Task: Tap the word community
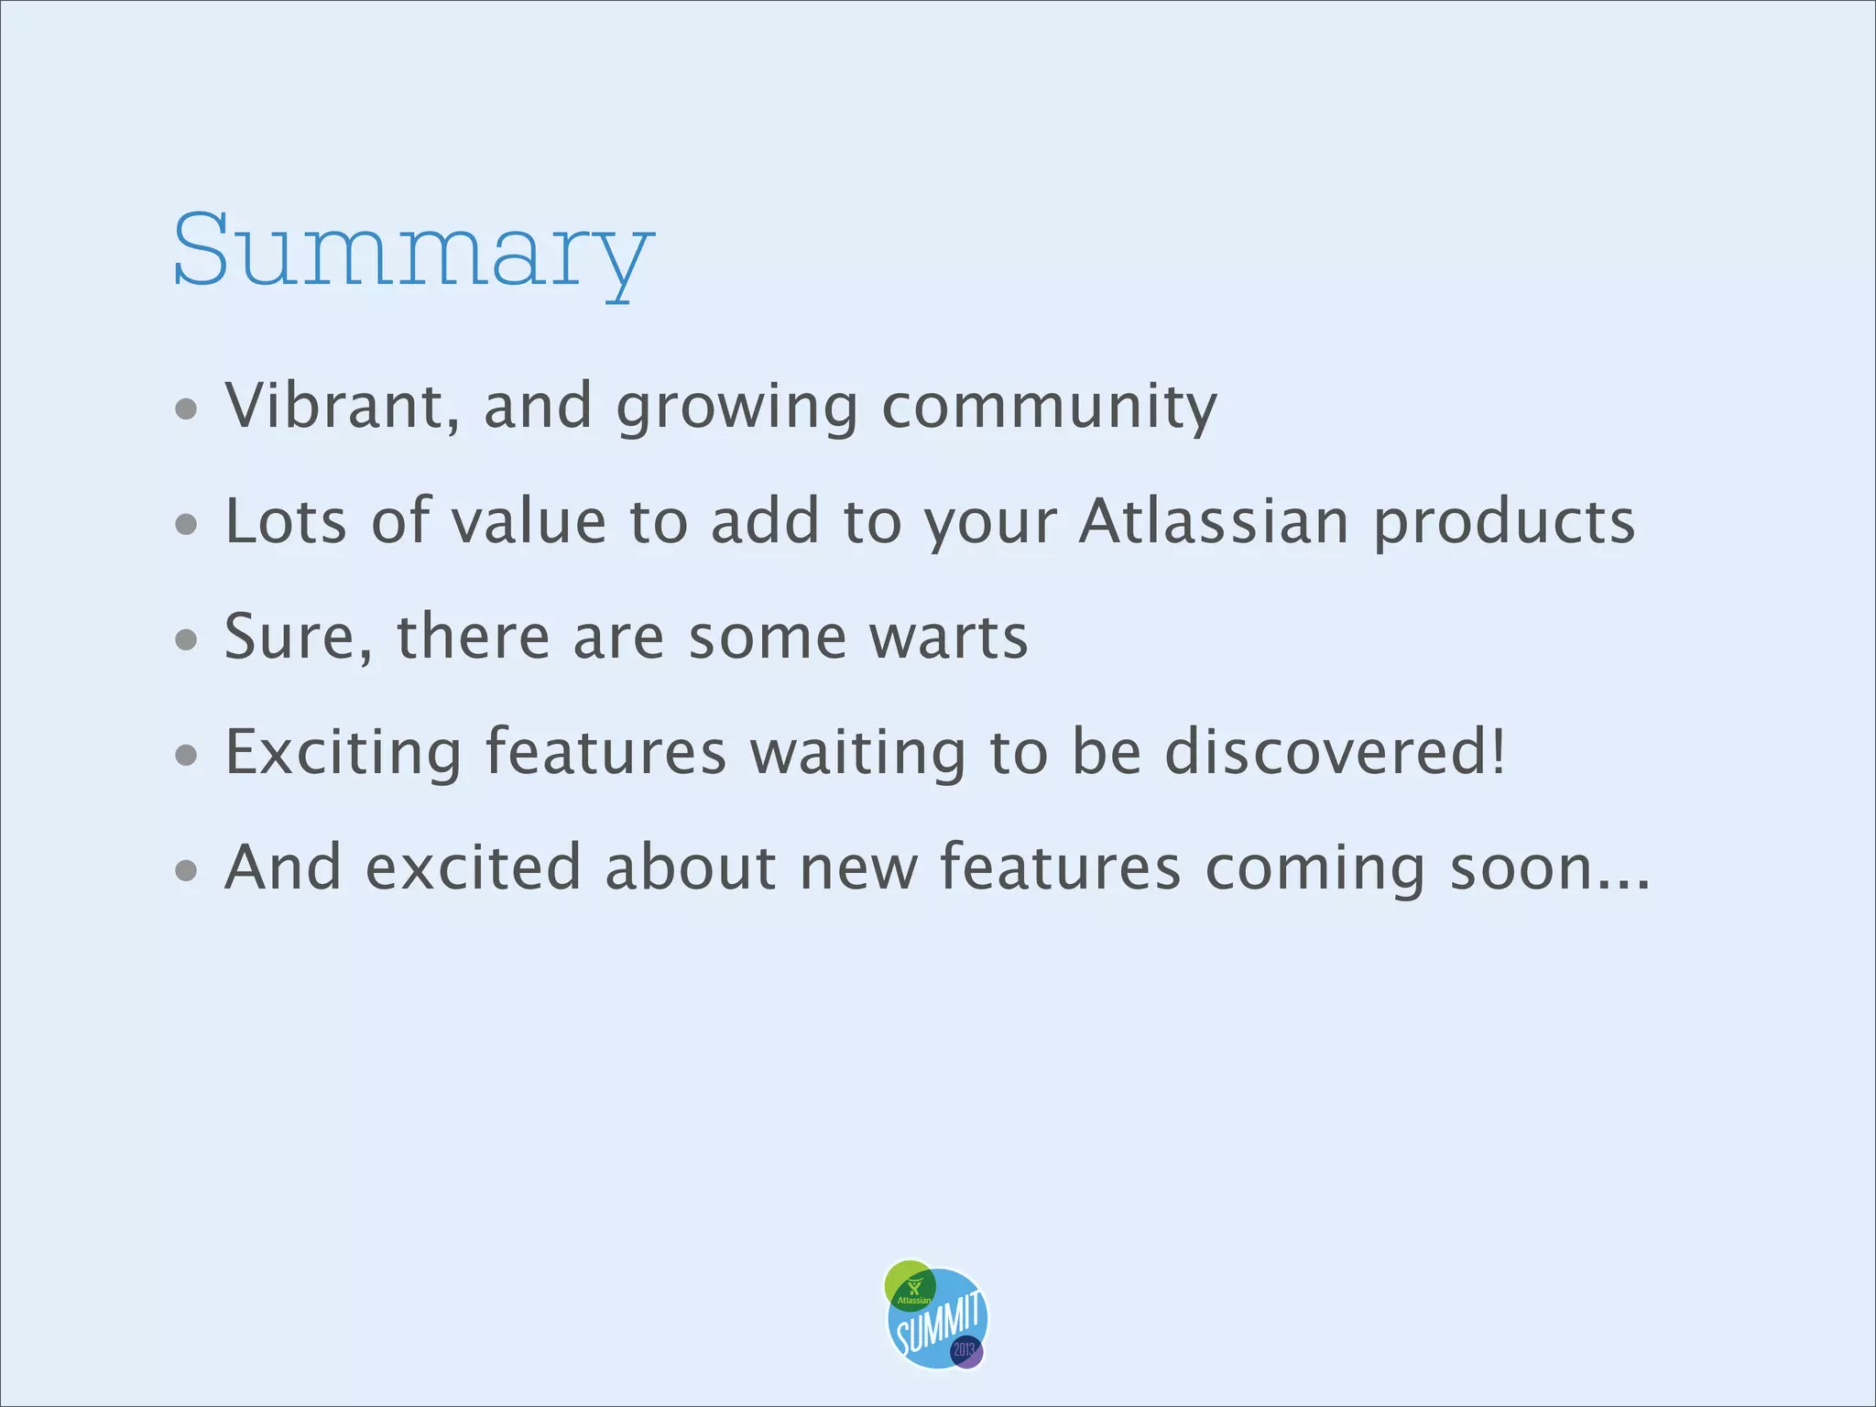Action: pyautogui.click(x=1049, y=406)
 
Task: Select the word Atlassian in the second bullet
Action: pyautogui.click(x=1214, y=521)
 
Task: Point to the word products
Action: pyautogui.click(x=1504, y=523)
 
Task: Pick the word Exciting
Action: pyautogui.click(x=344, y=752)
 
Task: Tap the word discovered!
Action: pyautogui.click(x=1335, y=752)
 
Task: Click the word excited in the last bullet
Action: pyautogui.click(x=473, y=867)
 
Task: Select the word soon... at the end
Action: pyautogui.click(x=1550, y=867)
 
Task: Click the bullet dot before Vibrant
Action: pyautogui.click(x=186, y=409)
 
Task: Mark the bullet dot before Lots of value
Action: pyautogui.click(x=186, y=524)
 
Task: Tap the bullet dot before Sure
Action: pyautogui.click(x=186, y=639)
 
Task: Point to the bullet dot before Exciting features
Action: pyautogui.click(x=186, y=755)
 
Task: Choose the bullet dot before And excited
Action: pyautogui.click(x=186, y=870)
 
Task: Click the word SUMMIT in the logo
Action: pyautogui.click(x=939, y=1325)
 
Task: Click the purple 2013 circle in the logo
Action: pyautogui.click(x=965, y=1351)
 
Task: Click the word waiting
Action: pyautogui.click(x=857, y=752)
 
